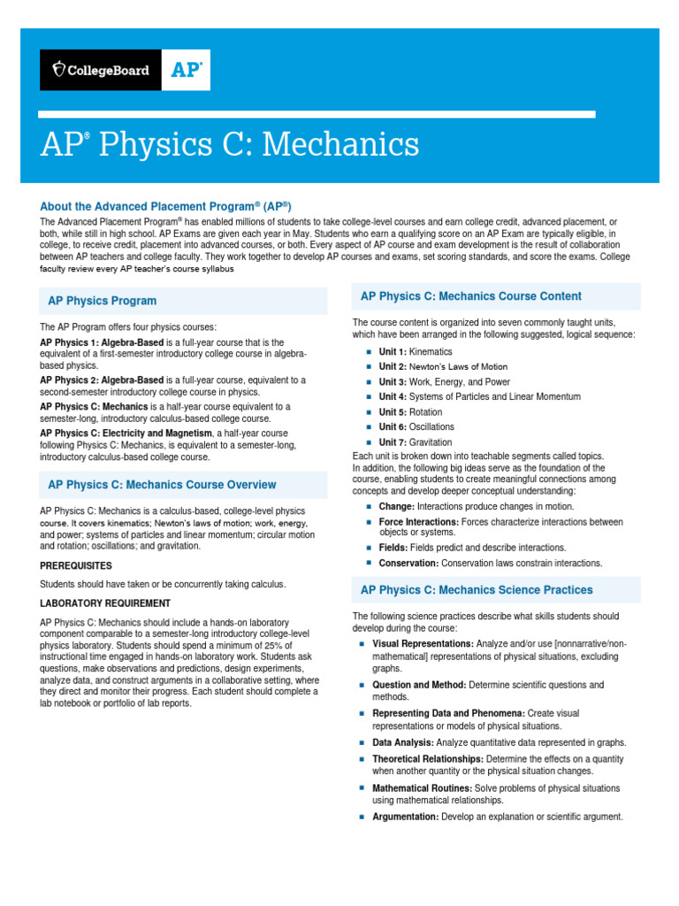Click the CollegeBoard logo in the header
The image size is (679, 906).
101,70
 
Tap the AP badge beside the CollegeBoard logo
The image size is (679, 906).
186,70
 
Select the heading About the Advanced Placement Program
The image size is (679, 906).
165,205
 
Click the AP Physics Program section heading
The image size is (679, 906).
102,301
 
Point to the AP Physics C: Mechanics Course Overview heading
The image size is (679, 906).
162,485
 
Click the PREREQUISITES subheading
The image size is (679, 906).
76,564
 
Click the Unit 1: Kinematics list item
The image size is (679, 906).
415,352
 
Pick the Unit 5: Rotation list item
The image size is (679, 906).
410,412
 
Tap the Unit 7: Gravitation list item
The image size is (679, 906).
415,442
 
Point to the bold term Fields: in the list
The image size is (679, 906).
393,548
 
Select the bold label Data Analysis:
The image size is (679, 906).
402,742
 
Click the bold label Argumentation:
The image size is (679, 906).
405,817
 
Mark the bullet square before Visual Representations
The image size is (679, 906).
362,643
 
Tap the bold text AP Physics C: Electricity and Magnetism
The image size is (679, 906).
126,433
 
